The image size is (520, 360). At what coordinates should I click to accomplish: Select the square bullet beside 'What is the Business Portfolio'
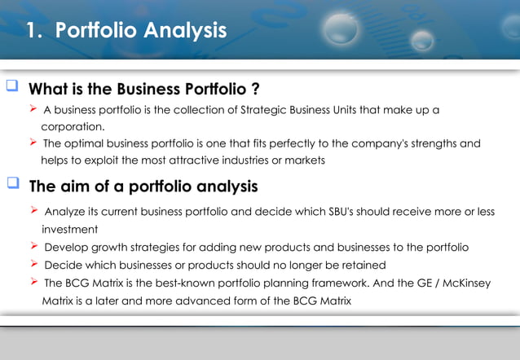(12, 87)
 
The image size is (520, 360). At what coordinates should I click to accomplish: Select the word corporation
(72, 127)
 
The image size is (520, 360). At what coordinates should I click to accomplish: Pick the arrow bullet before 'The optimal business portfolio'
(33, 143)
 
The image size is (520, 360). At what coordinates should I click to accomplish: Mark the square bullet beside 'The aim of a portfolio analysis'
(12, 186)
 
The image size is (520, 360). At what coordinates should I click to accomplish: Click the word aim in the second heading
(76, 187)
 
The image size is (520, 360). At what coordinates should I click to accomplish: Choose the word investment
(69, 230)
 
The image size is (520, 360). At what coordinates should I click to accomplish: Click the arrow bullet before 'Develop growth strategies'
(33, 246)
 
